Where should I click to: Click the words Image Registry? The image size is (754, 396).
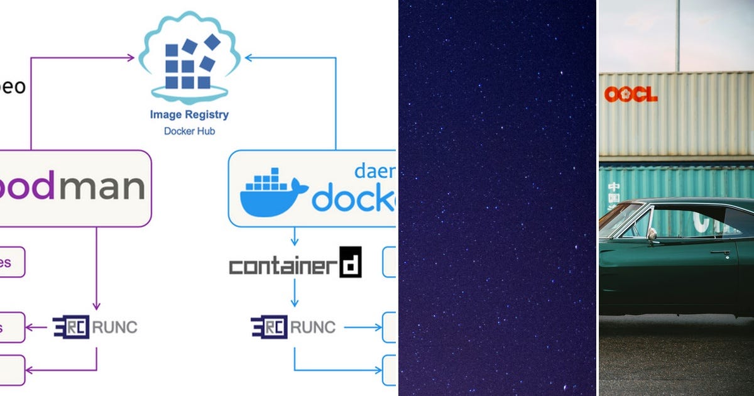click(189, 115)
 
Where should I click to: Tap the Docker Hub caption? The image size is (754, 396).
click(189, 131)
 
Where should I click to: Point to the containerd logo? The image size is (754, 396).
click(295, 263)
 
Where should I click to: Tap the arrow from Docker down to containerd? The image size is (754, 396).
click(294, 237)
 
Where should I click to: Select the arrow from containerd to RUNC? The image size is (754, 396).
click(294, 294)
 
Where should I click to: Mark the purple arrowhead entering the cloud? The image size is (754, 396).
click(131, 58)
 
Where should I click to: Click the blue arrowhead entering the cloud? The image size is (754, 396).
click(249, 58)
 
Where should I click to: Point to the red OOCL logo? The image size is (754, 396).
click(631, 94)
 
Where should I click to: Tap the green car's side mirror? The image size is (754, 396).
click(652, 234)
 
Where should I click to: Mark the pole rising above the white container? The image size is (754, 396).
click(677, 35)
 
